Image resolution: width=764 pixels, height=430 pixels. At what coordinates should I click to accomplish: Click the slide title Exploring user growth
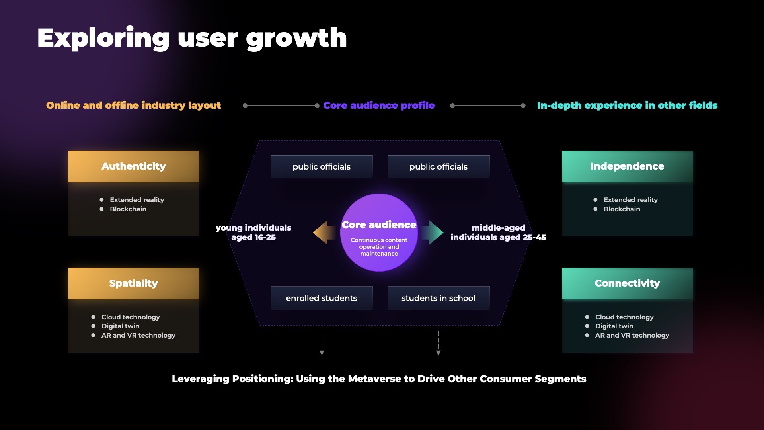pyautogui.click(x=192, y=38)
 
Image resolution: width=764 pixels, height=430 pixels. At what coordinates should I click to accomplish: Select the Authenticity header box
pyautogui.click(x=134, y=166)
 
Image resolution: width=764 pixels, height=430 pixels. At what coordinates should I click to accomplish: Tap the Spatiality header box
pyautogui.click(x=134, y=283)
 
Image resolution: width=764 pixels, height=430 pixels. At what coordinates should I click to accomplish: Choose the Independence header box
pyautogui.click(x=628, y=166)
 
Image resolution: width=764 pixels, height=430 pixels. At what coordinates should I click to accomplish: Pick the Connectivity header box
pyautogui.click(x=628, y=283)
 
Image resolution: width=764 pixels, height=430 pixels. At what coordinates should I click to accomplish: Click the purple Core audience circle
pyautogui.click(x=379, y=233)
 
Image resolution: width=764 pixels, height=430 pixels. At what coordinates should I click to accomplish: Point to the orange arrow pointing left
pyautogui.click(x=324, y=233)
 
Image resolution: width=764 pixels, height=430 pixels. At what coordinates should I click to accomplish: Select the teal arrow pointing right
pyautogui.click(x=433, y=233)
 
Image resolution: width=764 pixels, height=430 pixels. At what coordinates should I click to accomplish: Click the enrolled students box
pyautogui.click(x=322, y=298)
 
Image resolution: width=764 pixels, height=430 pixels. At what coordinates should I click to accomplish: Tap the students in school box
pyautogui.click(x=439, y=298)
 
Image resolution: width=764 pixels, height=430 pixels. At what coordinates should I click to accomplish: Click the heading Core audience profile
pyautogui.click(x=379, y=106)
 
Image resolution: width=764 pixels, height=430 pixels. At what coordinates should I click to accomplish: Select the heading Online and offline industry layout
pyautogui.click(x=133, y=106)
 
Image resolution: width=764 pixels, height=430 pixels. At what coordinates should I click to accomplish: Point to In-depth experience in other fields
pyautogui.click(x=627, y=106)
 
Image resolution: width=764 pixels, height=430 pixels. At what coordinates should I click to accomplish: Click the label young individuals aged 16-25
pyautogui.click(x=253, y=233)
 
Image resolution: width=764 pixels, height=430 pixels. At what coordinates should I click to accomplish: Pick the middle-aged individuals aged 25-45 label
pyautogui.click(x=498, y=233)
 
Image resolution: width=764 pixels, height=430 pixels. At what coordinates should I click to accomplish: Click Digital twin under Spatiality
pyautogui.click(x=121, y=326)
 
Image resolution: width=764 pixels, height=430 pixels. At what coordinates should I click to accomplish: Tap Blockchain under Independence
pyautogui.click(x=622, y=209)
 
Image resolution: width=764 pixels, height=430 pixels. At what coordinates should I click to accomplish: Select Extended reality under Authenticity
pyautogui.click(x=137, y=200)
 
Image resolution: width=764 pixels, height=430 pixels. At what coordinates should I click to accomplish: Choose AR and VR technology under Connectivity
pyautogui.click(x=632, y=335)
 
